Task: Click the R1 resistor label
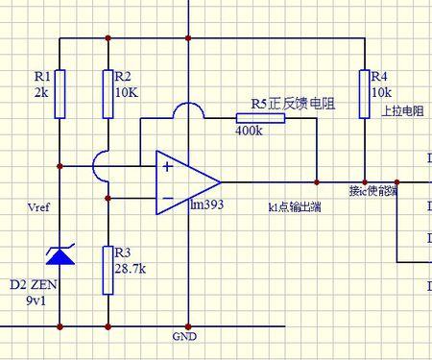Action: (x=41, y=75)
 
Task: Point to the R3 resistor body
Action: (x=108, y=270)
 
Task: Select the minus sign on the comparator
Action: (x=168, y=199)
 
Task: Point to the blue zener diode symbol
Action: (x=60, y=254)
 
